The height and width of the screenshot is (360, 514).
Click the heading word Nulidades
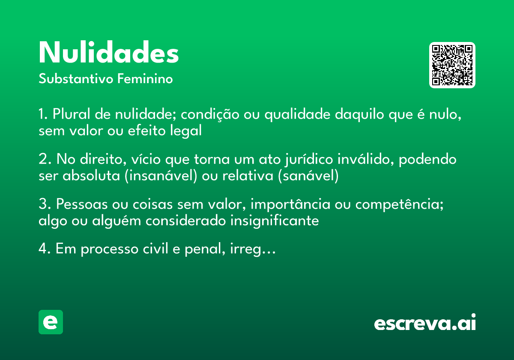[x=109, y=53]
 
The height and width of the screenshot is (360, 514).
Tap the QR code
[x=452, y=65]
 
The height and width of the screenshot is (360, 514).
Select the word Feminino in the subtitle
[x=145, y=79]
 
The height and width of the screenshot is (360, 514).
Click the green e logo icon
[x=51, y=322]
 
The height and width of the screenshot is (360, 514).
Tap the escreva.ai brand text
[x=425, y=323]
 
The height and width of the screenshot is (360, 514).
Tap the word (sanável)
[x=308, y=176]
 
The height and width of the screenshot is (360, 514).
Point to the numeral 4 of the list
[x=42, y=249]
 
